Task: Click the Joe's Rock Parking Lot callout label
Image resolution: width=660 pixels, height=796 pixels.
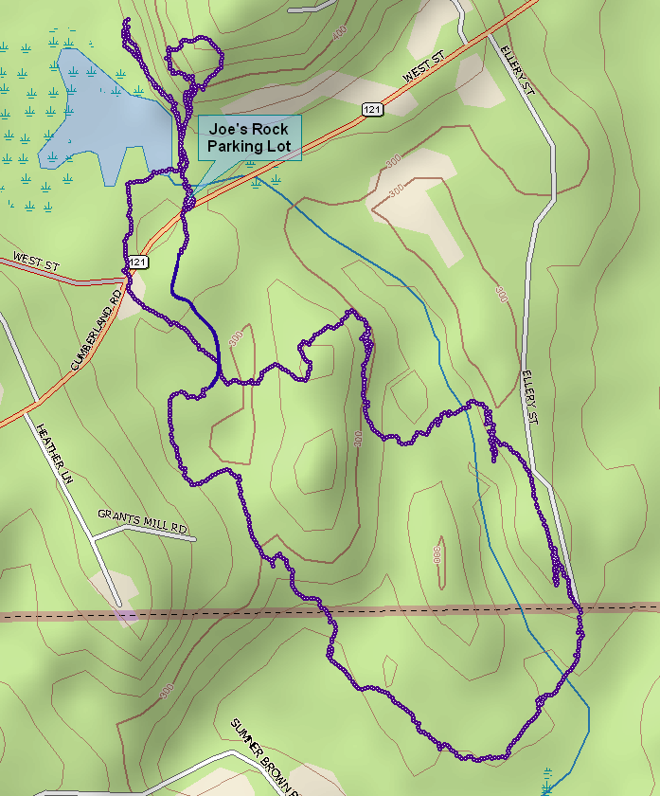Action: [x=249, y=138]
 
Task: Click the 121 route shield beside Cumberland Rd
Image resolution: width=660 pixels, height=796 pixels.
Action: [x=138, y=262]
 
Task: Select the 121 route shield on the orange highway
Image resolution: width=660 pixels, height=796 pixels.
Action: [x=372, y=111]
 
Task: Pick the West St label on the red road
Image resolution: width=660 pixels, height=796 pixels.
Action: [x=36, y=262]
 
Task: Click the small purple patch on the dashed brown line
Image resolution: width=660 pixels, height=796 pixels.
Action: [x=126, y=616]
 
